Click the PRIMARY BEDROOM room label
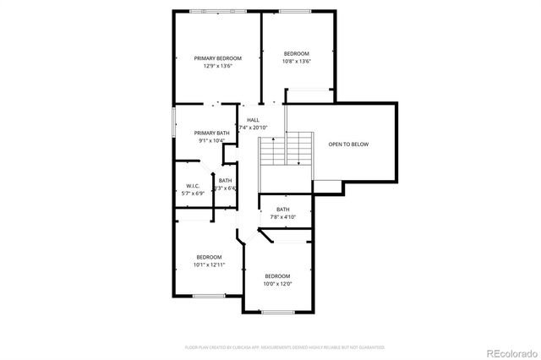pyautogui.click(x=217, y=58)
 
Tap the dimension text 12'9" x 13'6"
pyautogui.click(x=217, y=66)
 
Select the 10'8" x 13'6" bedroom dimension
pyautogui.click(x=296, y=61)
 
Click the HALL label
pyautogui.click(x=253, y=120)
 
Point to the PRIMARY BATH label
pyautogui.click(x=211, y=133)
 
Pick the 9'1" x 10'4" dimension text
pyautogui.click(x=211, y=140)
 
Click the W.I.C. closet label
pyautogui.click(x=193, y=186)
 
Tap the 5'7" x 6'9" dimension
pyautogui.click(x=193, y=194)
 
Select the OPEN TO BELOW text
pyautogui.click(x=348, y=145)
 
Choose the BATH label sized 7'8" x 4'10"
pyautogui.click(x=282, y=210)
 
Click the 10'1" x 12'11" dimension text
pyautogui.click(x=209, y=265)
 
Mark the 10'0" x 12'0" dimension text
pyautogui.click(x=277, y=284)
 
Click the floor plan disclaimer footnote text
pyautogui.click(x=285, y=346)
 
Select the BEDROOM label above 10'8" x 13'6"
pyautogui.click(x=296, y=53)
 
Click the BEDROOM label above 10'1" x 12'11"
pyautogui.click(x=209, y=257)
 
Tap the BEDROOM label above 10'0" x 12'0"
pyautogui.click(x=277, y=276)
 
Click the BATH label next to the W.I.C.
pyautogui.click(x=225, y=180)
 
